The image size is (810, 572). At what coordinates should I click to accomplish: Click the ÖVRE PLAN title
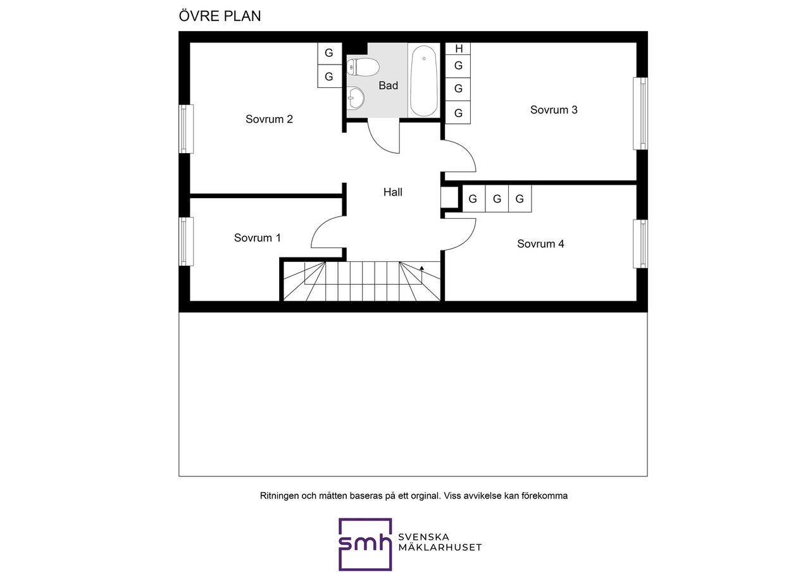pos(220,16)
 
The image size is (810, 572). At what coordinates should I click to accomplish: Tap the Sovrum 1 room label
pos(257,237)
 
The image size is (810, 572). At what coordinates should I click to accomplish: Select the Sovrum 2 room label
pos(269,119)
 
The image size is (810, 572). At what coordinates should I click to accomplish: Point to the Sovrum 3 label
pos(554,109)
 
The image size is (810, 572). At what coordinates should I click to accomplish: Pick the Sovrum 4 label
pos(540,244)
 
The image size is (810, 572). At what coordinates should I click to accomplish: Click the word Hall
pos(393,192)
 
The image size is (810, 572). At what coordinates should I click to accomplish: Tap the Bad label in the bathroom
pos(389,85)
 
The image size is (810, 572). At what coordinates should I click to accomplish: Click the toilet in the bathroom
pos(363,67)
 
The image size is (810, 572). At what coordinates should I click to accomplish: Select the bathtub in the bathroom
pos(424,80)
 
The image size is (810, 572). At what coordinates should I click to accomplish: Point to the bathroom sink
pos(356,98)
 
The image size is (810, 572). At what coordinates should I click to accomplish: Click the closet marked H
pos(458,49)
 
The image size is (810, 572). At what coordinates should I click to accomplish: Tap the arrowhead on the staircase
pos(421,268)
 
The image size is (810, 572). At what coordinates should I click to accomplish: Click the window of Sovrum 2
pos(186,129)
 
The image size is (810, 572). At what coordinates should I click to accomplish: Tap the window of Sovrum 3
pos(640,113)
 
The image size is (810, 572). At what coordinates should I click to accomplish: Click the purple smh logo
pos(365,544)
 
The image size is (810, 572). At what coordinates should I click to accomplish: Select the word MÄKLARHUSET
pos(440,547)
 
